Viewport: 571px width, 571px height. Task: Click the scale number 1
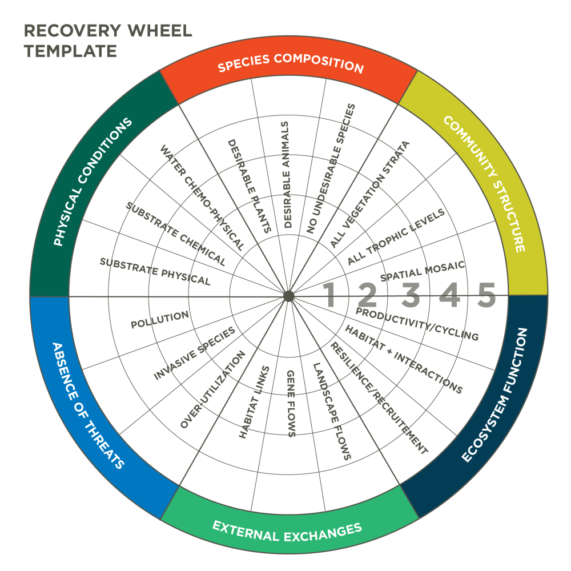[329, 295]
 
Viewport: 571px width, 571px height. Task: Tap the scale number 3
[411, 295]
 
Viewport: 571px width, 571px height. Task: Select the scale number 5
[486, 295]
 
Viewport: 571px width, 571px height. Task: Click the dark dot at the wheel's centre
[288, 296]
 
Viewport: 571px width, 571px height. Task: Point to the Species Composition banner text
[291, 63]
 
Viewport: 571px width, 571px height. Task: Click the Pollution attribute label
[160, 320]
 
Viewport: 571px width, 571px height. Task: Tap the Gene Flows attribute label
[290, 403]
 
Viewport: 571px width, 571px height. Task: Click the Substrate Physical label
[155, 271]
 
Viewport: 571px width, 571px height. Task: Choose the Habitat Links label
[254, 401]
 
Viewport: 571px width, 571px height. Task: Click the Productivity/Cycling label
[417, 324]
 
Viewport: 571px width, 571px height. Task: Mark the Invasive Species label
[195, 354]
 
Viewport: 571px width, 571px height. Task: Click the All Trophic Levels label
[396, 237]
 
